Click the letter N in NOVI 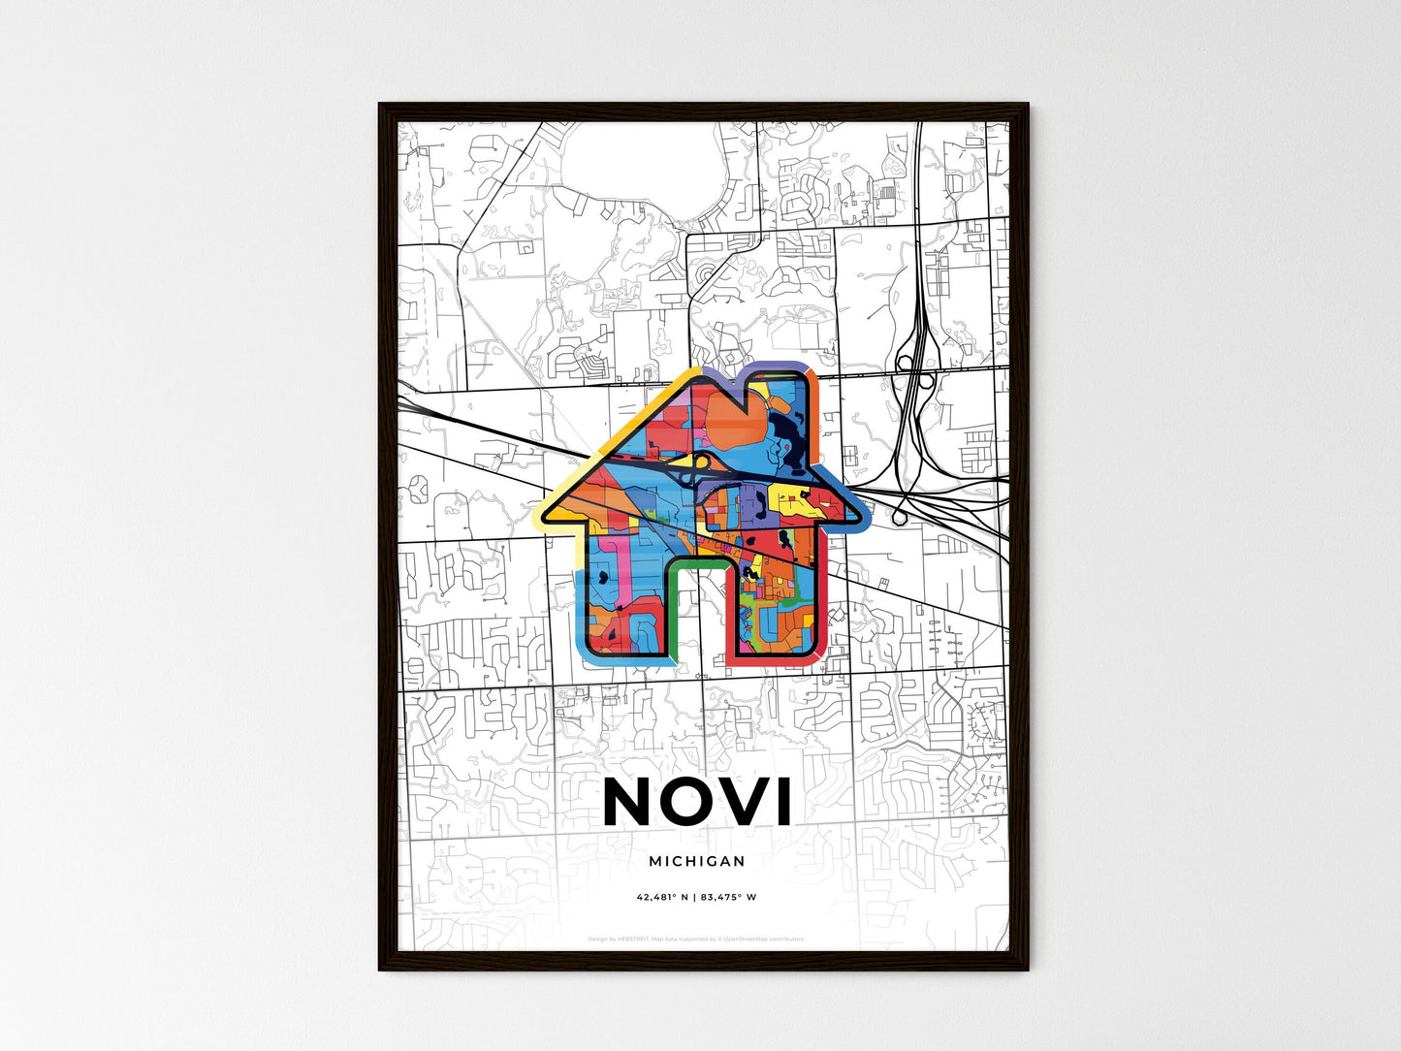point(633,801)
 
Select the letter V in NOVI point(745,801)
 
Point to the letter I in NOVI point(783,801)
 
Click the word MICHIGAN point(697,861)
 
